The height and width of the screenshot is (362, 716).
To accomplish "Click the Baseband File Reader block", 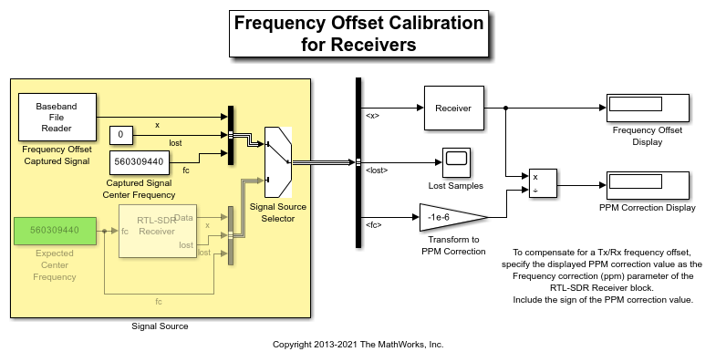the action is tap(57, 117).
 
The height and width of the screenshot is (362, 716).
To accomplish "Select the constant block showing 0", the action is tap(121, 135).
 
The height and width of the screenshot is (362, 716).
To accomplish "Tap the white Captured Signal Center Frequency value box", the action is tap(140, 162).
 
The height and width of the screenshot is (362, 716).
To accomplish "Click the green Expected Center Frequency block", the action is tap(55, 231).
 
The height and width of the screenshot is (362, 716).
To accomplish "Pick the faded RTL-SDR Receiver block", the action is tap(158, 231).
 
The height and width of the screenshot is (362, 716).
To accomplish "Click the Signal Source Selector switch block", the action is tap(278, 162).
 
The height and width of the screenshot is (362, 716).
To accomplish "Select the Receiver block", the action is tap(453, 109).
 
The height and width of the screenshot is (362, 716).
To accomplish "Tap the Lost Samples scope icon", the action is tap(456, 162).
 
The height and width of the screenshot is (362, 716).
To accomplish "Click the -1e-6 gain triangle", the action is tap(452, 217).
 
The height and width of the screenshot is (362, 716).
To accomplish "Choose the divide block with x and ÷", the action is tap(543, 183).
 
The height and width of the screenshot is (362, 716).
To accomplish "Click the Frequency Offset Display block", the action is tap(648, 108).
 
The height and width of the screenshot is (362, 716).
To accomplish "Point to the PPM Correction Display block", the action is tap(648, 185).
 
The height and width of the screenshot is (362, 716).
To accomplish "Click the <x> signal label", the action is tap(373, 116).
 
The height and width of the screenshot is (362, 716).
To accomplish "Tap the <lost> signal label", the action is tap(377, 171).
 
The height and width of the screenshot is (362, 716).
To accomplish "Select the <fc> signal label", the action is tap(374, 225).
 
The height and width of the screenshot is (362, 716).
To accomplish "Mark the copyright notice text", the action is tap(358, 345).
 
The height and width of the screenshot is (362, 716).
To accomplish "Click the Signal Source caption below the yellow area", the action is tap(160, 326).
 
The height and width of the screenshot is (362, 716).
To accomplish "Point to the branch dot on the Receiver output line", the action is tap(506, 109).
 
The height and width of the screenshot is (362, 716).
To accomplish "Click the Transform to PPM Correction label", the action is tap(453, 245).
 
